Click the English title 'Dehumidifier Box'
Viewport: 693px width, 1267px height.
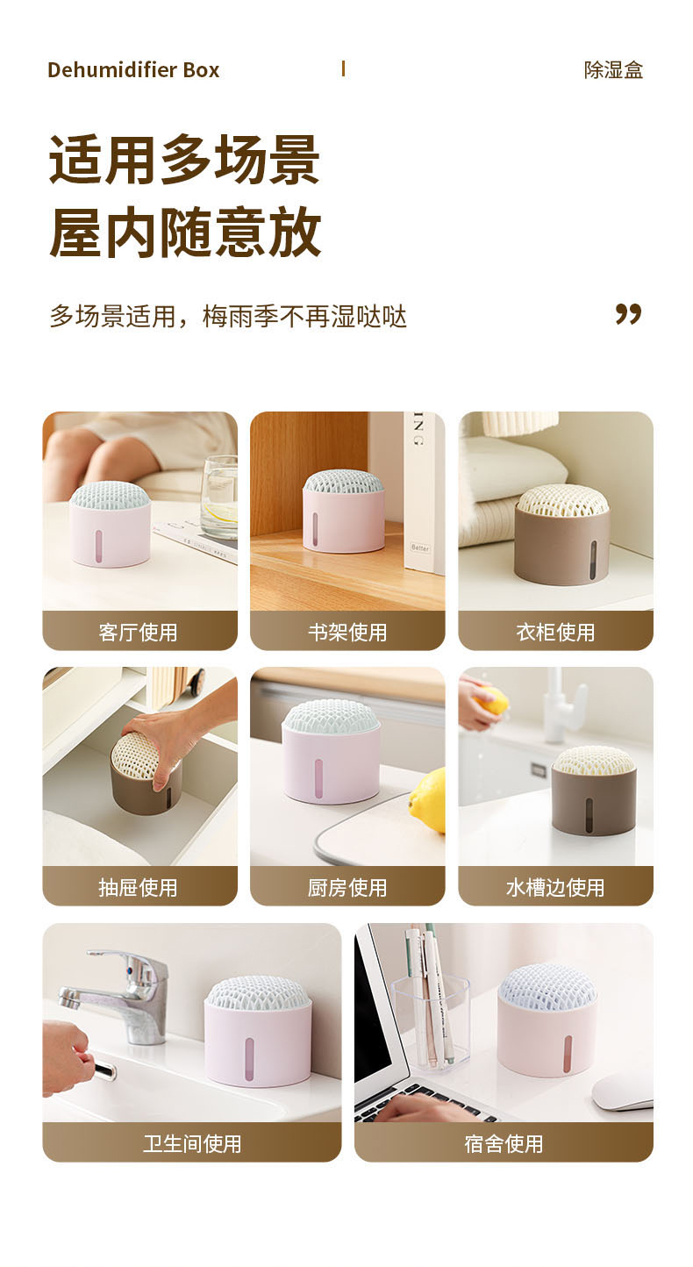[x=133, y=70]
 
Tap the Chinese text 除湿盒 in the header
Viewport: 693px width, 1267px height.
[x=613, y=70]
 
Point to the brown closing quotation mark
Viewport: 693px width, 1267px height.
[x=628, y=314]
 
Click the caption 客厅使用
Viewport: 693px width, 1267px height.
[x=138, y=633]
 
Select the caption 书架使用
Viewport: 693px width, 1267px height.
[x=347, y=633]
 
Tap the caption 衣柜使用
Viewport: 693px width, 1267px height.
[x=555, y=633]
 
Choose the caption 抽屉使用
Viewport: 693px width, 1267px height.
[x=138, y=887]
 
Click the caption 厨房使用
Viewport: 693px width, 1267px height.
[x=347, y=887]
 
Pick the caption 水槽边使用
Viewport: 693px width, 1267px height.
[x=555, y=887]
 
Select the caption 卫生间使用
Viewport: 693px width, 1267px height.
[x=192, y=1143]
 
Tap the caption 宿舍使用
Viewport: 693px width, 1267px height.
[x=504, y=1143]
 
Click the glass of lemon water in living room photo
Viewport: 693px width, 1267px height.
[x=219, y=497]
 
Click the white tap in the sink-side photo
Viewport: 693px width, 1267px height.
[x=563, y=705]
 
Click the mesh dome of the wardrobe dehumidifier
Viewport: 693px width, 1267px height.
[x=563, y=499]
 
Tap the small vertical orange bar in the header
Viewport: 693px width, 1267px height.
[x=343, y=68]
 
